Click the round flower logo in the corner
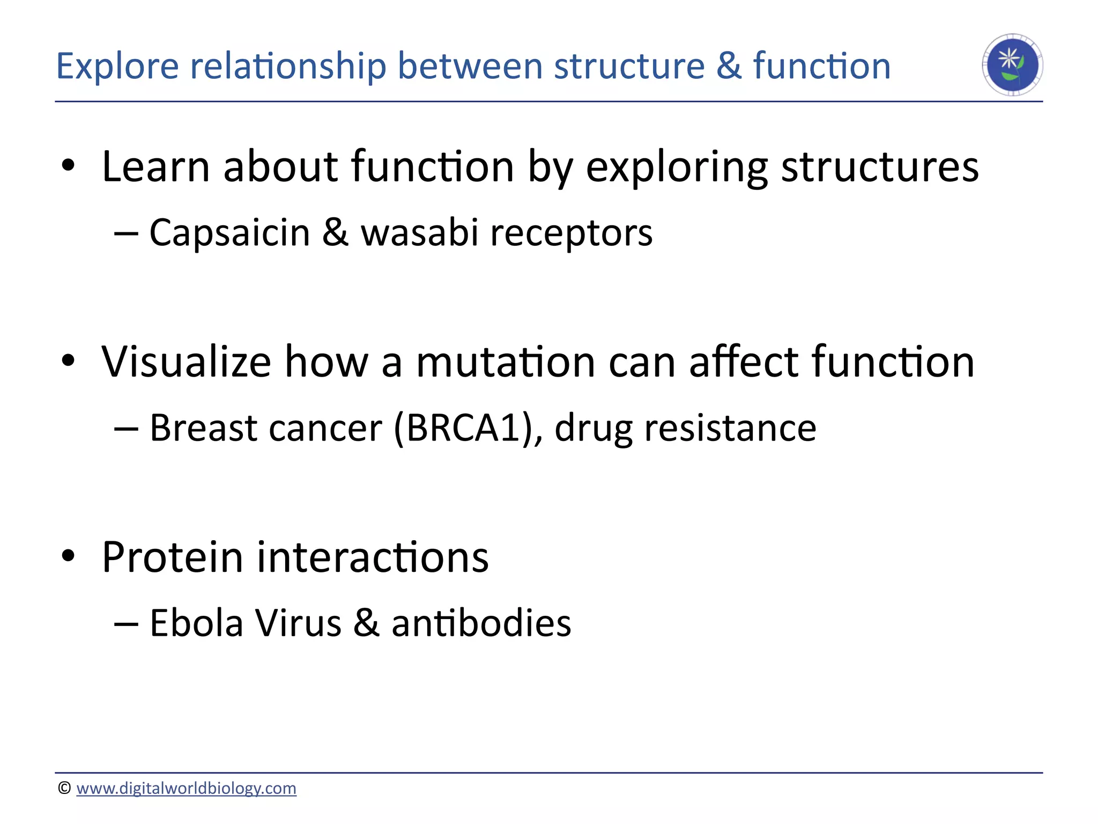pos(1012,65)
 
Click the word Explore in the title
pos(117,67)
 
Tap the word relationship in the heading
pos(288,67)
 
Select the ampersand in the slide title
pos(729,67)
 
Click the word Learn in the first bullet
pos(155,167)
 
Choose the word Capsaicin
pos(229,233)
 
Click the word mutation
pos(506,362)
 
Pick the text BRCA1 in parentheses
pos(464,428)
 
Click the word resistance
pos(730,428)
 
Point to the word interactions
pos(373,557)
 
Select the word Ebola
pos(196,623)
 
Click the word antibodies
pos(481,623)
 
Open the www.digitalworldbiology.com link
pos(186,788)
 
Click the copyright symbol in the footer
pos(64,788)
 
